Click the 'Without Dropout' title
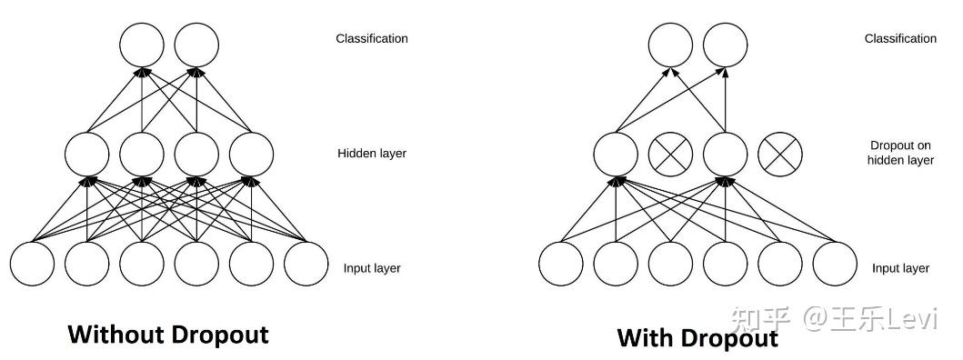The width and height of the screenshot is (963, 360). click(x=168, y=335)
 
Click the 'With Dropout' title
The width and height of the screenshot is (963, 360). click(x=697, y=338)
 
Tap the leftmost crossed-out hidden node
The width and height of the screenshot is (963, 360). click(x=671, y=155)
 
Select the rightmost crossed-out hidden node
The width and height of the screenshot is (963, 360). click(x=780, y=155)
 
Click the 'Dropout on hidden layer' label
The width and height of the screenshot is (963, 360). click(x=900, y=153)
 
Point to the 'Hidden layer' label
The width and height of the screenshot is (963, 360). click(x=372, y=153)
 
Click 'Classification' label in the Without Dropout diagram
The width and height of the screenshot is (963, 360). click(x=372, y=39)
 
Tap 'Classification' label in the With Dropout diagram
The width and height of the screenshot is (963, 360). click(x=900, y=39)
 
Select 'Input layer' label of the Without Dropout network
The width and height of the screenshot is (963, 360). click(x=372, y=268)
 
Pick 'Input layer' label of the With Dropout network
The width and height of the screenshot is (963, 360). click(x=900, y=268)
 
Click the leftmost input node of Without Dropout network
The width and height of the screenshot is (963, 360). click(x=32, y=264)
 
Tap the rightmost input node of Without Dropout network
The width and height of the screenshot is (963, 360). click(x=306, y=264)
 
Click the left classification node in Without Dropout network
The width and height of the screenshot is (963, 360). click(x=142, y=45)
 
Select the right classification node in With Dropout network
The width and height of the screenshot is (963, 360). click(x=726, y=45)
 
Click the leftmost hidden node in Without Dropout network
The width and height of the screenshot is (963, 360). click(x=86, y=155)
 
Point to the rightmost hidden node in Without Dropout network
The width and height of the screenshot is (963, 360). click(x=251, y=155)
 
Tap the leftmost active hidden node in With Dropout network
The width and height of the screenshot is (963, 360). click(x=616, y=155)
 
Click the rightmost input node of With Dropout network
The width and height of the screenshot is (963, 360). click(x=835, y=264)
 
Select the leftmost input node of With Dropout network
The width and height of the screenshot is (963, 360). click(x=561, y=264)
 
